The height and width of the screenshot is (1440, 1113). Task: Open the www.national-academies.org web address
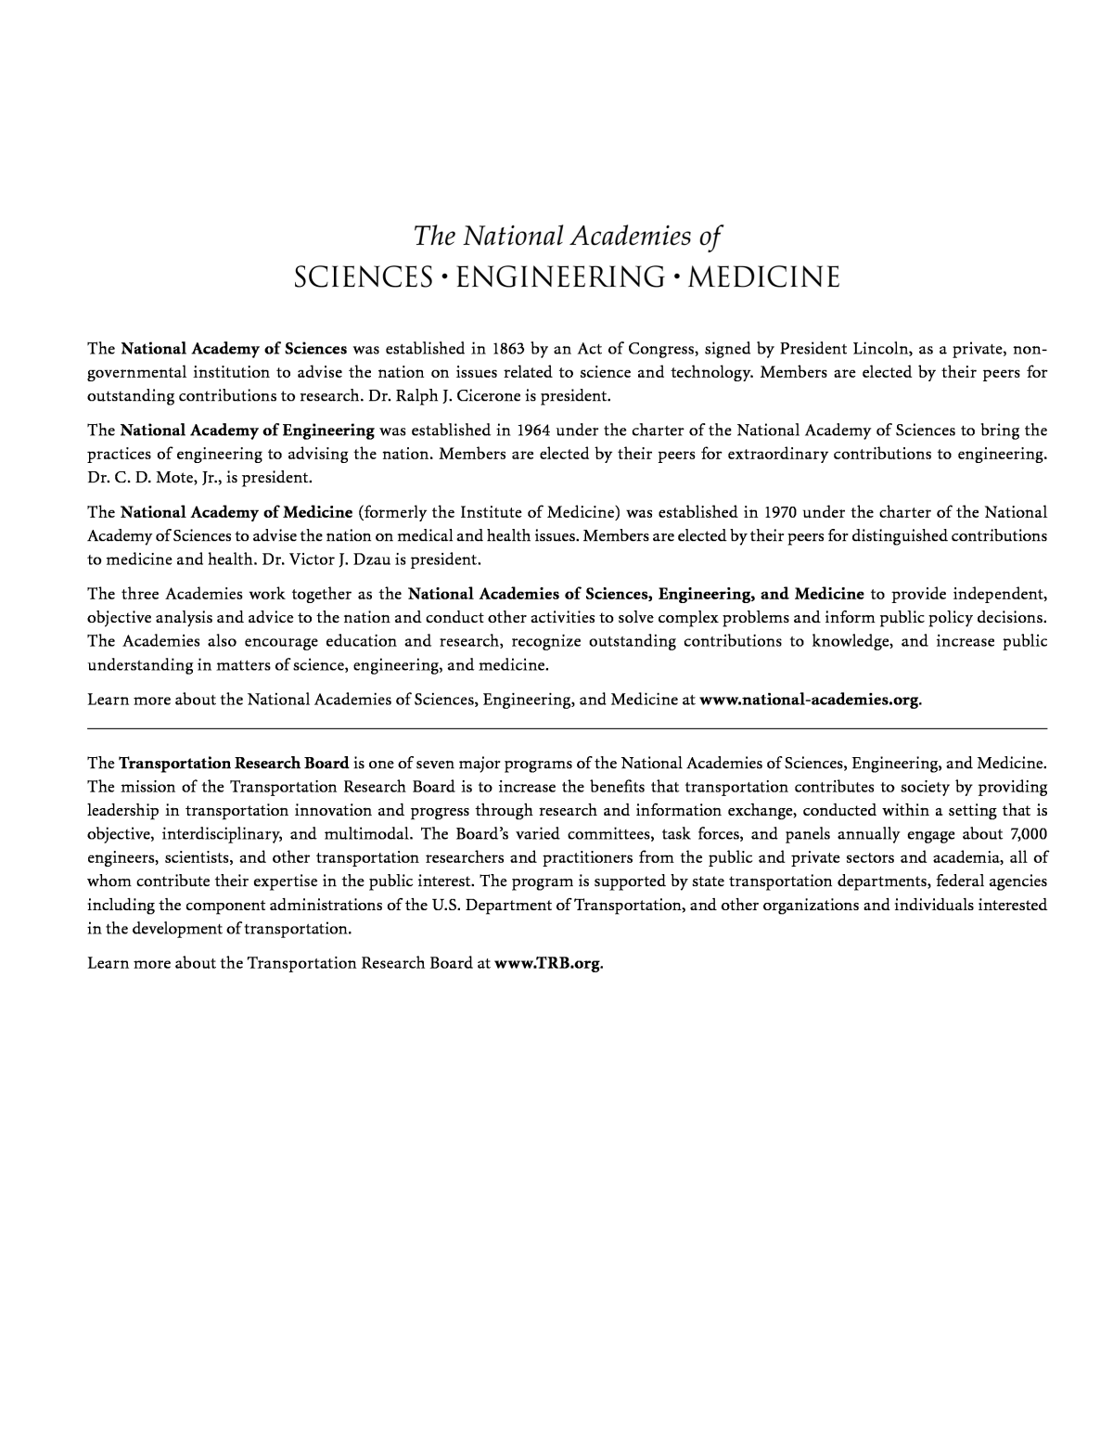click(810, 700)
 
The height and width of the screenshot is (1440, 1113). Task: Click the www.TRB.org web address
click(547, 962)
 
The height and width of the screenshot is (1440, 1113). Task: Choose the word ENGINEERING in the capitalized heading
click(556, 277)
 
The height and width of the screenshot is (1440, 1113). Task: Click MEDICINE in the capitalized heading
click(764, 277)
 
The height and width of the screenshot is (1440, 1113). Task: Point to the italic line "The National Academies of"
click(567, 236)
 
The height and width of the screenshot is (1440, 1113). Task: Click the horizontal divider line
click(567, 729)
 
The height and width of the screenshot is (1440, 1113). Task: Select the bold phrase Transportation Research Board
click(234, 763)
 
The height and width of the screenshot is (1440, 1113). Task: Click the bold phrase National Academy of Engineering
click(248, 431)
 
